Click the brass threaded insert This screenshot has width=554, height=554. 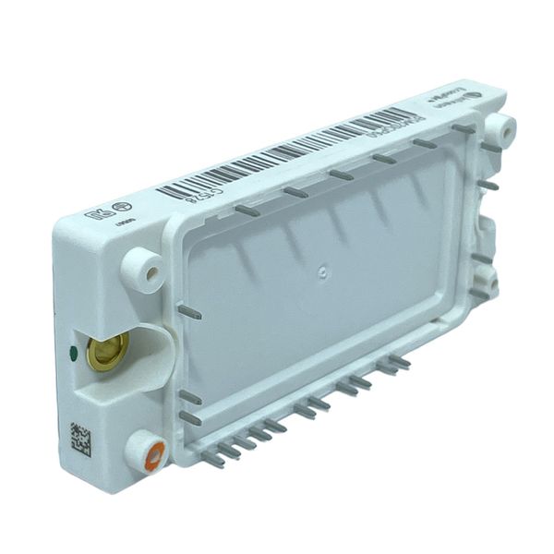(x=107, y=352)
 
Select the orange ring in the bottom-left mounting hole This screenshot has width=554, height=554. (x=153, y=452)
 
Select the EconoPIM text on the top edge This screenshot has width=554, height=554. (x=444, y=102)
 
